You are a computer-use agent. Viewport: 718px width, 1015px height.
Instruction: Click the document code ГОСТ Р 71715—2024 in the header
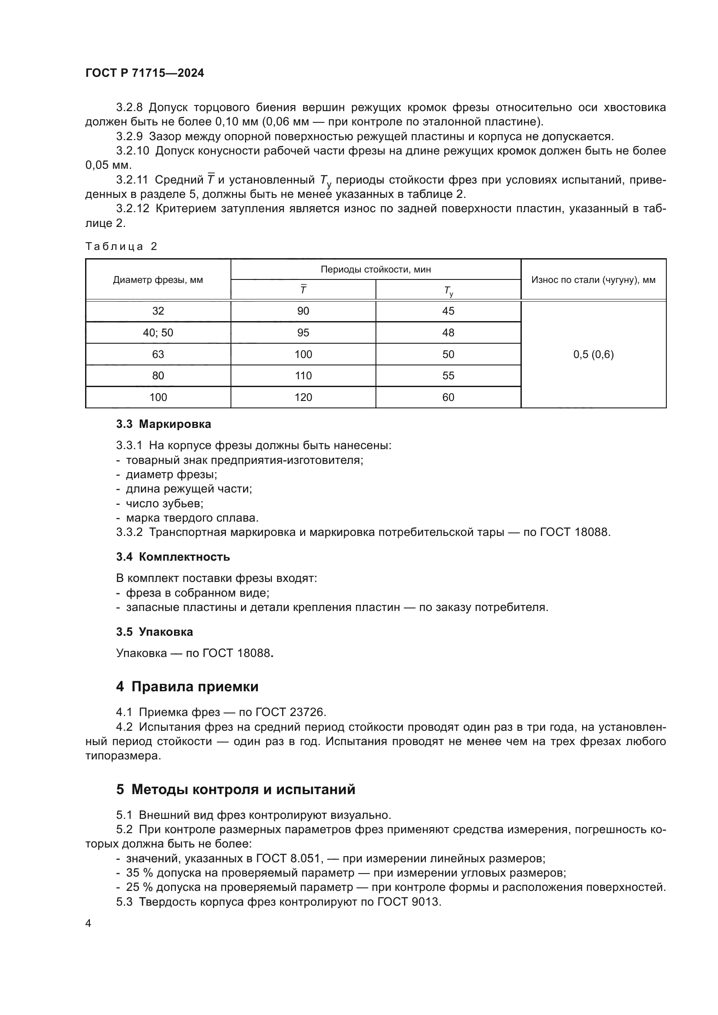coord(145,73)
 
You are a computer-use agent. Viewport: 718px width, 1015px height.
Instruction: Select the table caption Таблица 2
coord(121,246)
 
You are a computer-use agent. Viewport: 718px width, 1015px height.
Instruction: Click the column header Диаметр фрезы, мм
coord(158,280)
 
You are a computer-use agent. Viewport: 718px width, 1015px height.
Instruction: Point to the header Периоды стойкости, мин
coord(375,269)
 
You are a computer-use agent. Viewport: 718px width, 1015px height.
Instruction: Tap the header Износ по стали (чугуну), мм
coord(593,280)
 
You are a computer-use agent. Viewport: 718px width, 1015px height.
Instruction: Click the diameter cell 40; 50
coord(158,332)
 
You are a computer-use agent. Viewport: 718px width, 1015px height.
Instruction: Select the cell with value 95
coord(303,332)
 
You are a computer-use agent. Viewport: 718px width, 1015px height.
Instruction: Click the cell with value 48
coord(448,332)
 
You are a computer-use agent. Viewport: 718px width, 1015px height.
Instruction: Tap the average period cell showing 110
coord(303,376)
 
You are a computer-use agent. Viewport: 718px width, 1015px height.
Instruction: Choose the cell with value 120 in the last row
coord(303,397)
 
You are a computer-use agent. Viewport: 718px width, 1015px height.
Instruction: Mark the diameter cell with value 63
coord(158,354)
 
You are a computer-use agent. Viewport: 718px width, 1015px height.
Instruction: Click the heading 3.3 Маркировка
coord(164,424)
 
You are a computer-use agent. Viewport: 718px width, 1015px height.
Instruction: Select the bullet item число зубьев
coord(165,503)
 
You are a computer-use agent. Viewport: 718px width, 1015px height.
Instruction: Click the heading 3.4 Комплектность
coord(173,557)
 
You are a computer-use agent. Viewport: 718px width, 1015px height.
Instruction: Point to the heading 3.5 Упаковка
coord(155,632)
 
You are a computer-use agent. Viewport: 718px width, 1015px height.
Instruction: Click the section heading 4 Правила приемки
coord(188,687)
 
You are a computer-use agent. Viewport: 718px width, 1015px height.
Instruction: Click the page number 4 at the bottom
coord(88,923)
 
